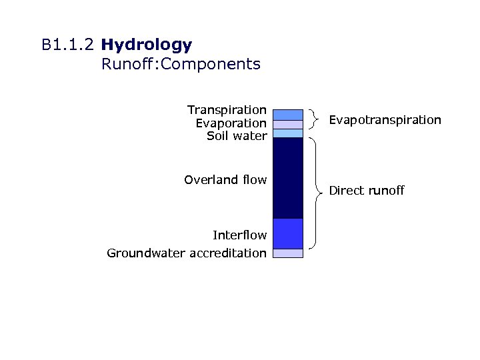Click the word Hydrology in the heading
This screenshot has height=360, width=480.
(147, 45)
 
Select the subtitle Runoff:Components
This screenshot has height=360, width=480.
(181, 65)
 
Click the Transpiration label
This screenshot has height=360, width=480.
(227, 109)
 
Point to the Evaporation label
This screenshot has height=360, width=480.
(231, 123)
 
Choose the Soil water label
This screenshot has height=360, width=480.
(237, 136)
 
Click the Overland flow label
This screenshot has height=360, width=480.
(225, 179)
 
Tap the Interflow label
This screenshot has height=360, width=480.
(239, 235)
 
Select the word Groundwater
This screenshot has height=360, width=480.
(146, 253)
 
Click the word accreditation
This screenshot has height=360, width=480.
(228, 253)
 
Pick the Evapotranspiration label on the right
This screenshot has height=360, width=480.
(385, 120)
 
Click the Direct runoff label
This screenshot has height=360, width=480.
(367, 191)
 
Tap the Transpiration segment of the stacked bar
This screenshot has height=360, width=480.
(288, 114)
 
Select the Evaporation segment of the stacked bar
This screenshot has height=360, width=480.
(288, 125)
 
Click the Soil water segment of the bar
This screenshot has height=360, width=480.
(288, 133)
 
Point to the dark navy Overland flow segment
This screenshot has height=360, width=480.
(288, 177)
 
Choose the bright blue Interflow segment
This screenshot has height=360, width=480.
(288, 233)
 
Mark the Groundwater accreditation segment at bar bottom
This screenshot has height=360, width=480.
(288, 253)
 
